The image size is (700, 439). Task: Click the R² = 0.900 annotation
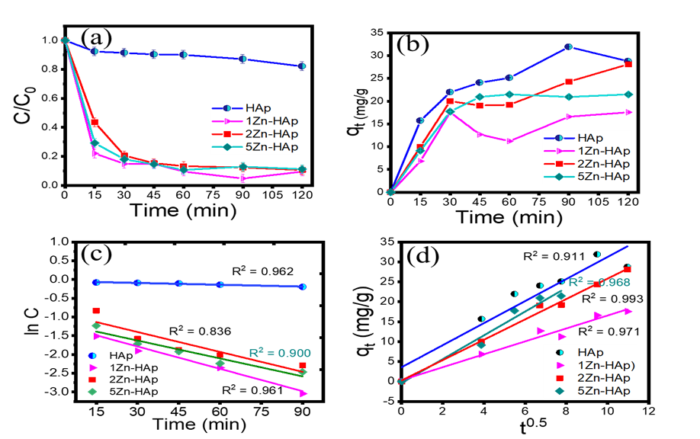click(280, 354)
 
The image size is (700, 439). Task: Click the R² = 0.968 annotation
click(599, 282)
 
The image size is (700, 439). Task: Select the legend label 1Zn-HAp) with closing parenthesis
click(607, 365)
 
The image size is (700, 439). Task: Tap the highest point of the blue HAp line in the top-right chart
click(570, 46)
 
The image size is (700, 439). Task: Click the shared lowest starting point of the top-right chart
click(390, 192)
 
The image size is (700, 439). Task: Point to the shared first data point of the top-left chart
click(66, 40)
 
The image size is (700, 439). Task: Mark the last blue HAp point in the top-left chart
click(303, 66)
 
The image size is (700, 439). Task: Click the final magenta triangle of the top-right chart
click(629, 112)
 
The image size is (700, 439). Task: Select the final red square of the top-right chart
click(629, 65)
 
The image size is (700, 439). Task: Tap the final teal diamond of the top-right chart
click(629, 94)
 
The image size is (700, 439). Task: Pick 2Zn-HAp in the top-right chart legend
click(603, 164)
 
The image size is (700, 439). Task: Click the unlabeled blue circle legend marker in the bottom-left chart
click(93, 355)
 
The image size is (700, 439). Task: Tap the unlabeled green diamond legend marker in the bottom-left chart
click(92, 392)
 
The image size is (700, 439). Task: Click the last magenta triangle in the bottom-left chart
click(303, 393)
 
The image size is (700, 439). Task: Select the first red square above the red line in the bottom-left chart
click(96, 310)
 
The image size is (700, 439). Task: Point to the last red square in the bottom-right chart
click(629, 269)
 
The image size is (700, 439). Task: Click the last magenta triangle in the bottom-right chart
click(629, 311)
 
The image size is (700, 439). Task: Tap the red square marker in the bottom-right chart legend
click(560, 378)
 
